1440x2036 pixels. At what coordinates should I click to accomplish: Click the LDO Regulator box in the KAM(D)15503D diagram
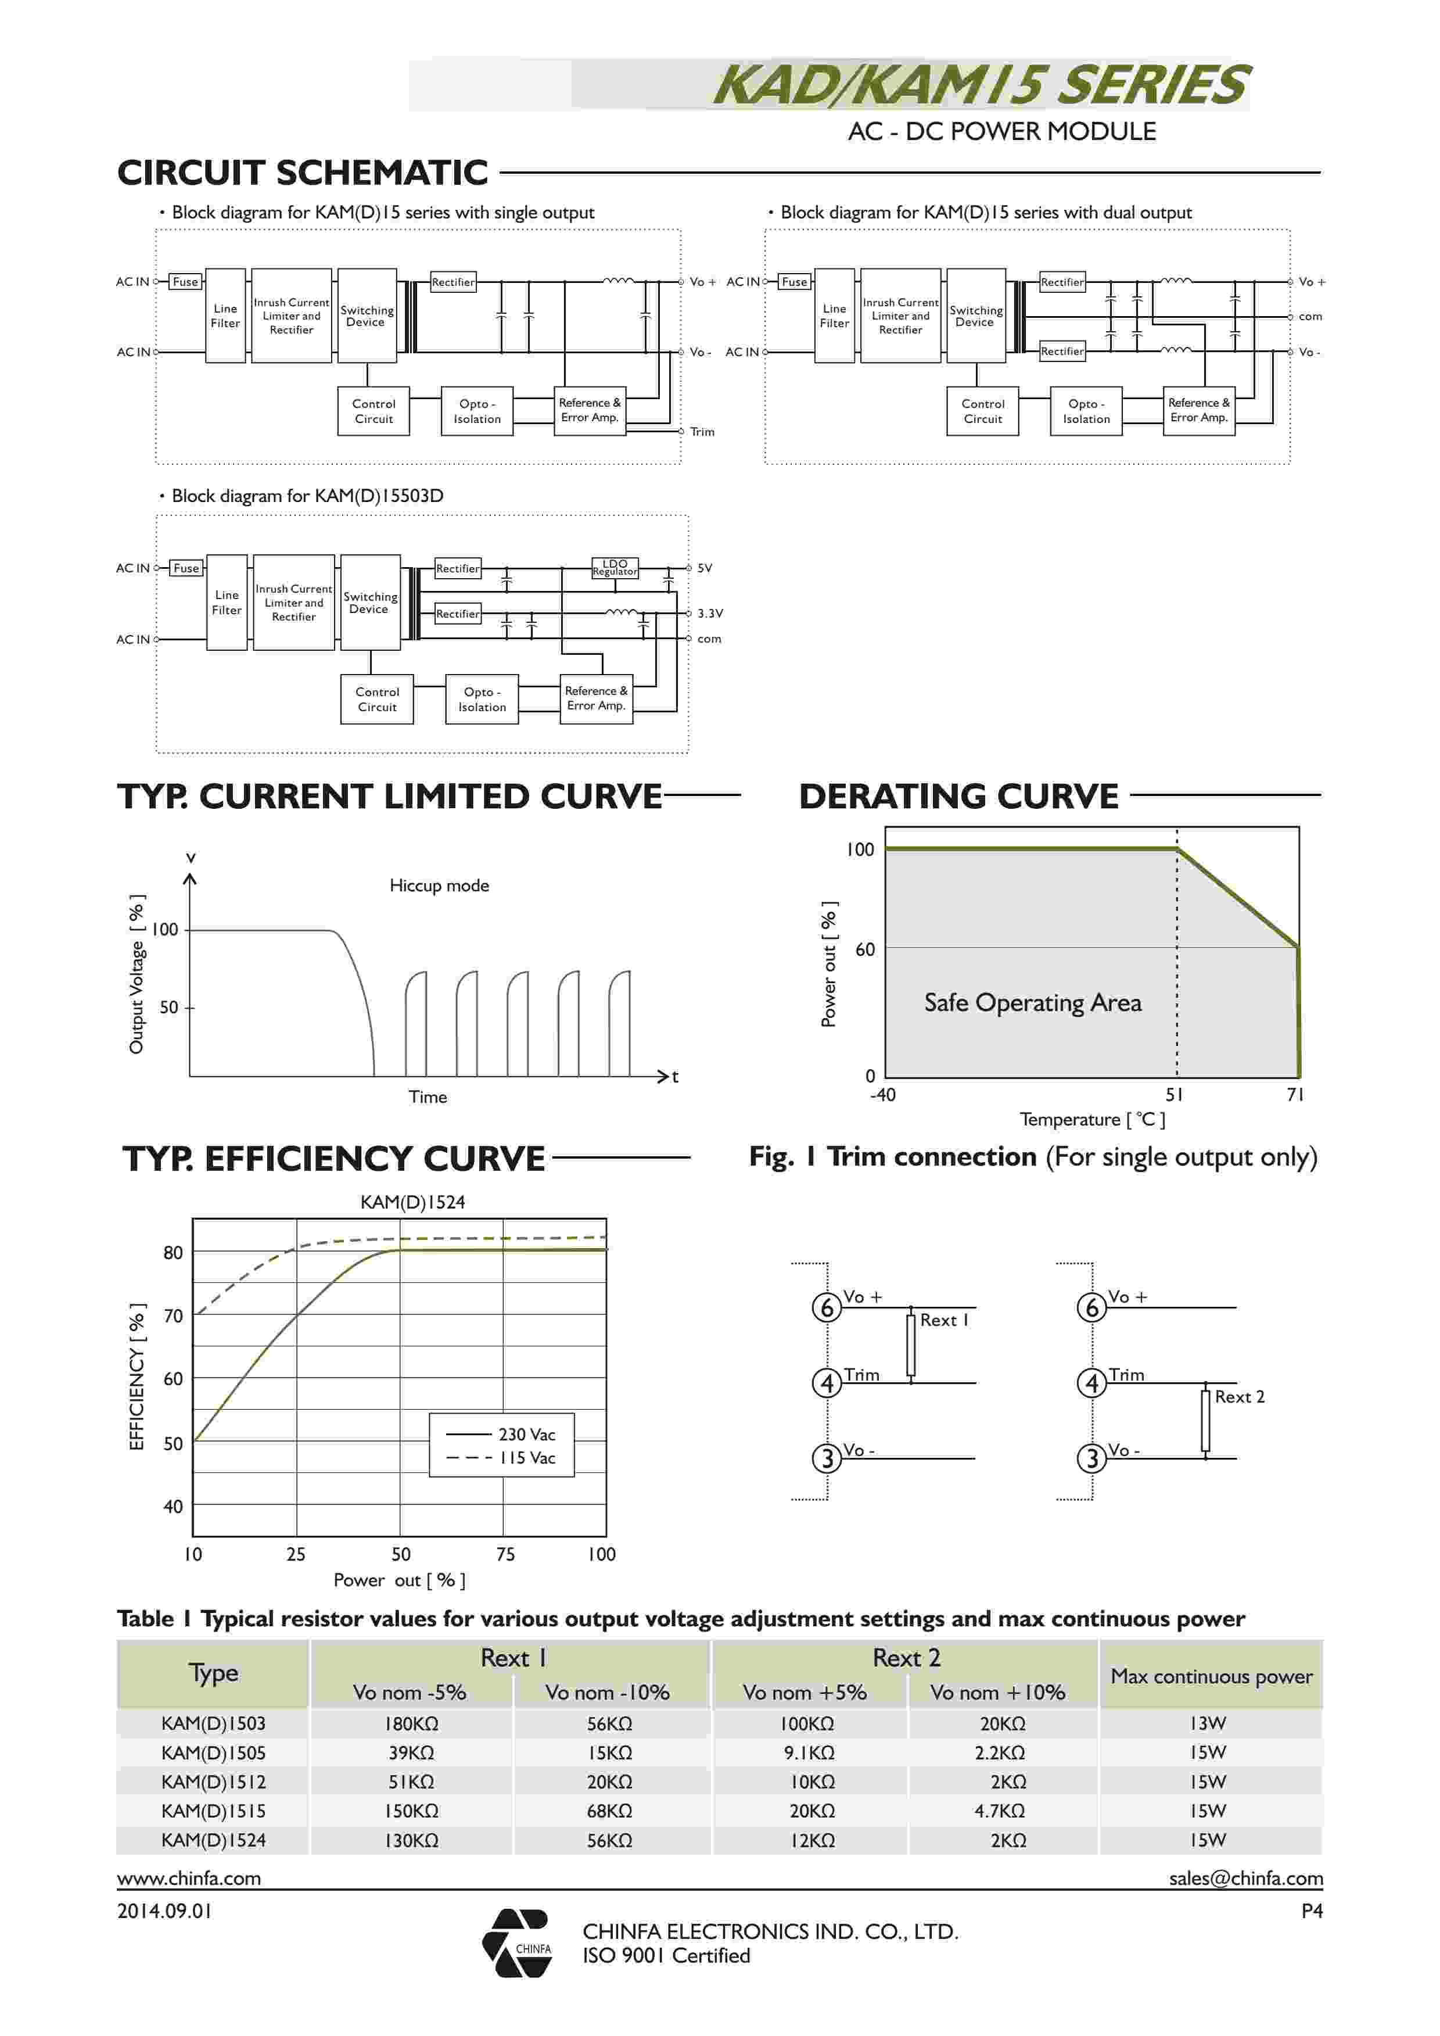615,568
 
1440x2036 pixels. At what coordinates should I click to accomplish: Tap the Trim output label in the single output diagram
702,432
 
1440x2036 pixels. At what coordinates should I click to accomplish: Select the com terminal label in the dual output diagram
1310,317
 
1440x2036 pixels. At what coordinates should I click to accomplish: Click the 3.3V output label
709,613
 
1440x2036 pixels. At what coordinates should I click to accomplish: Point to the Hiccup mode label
439,885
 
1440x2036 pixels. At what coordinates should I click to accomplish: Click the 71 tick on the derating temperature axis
1295,1094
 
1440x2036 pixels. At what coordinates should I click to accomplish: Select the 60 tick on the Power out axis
864,949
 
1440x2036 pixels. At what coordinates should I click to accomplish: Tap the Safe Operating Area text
1032,1002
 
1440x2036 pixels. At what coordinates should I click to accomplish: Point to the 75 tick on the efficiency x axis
505,1554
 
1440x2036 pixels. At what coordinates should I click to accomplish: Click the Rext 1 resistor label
943,1320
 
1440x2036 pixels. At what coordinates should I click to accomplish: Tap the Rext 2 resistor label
1238,1397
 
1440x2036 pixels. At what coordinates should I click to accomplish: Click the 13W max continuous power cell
1208,1723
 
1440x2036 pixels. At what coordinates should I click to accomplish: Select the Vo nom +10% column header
997,1692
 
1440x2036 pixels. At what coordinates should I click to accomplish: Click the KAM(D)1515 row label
214,1811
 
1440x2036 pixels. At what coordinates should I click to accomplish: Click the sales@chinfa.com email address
1245,1877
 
